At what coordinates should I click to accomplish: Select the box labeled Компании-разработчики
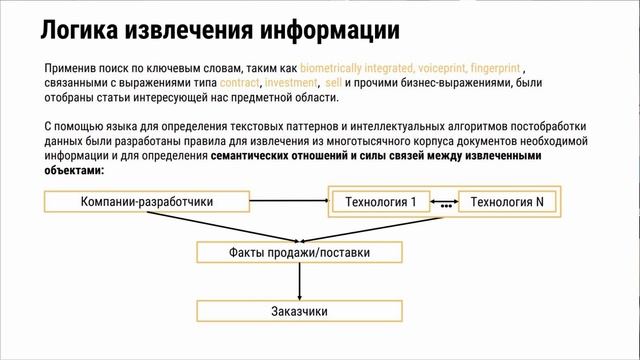(147, 202)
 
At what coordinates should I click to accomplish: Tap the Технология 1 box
(381, 202)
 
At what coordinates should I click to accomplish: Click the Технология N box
(509, 202)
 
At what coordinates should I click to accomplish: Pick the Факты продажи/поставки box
(299, 253)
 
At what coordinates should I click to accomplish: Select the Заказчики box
(299, 311)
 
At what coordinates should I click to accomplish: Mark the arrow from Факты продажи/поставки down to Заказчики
(299, 282)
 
